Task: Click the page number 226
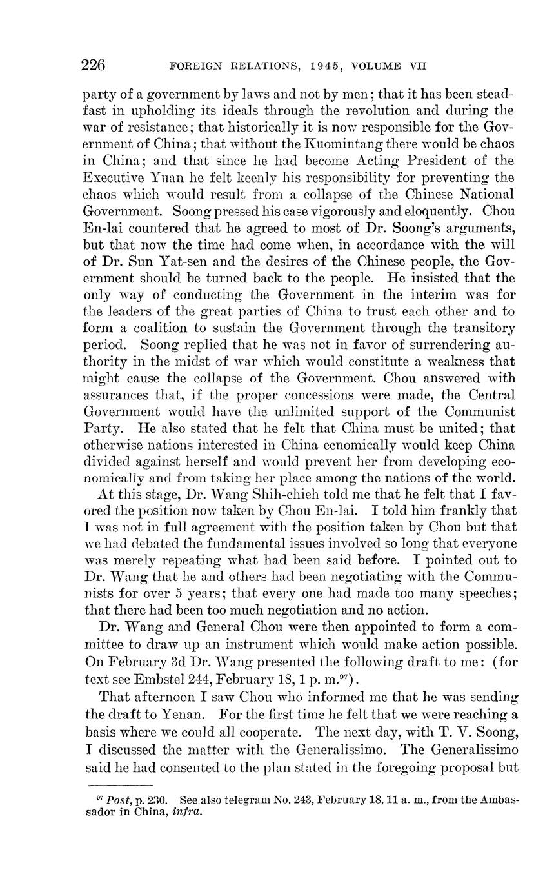[x=94, y=65]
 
